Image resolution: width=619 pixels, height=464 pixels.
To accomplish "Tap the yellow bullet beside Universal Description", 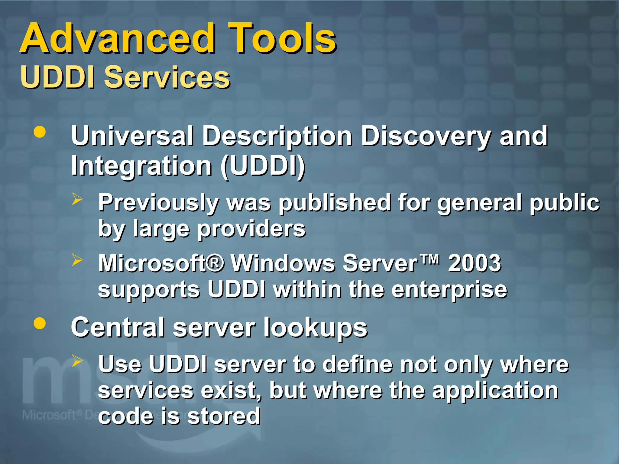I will [x=40, y=132].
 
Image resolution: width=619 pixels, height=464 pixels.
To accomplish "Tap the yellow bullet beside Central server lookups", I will [x=40, y=323].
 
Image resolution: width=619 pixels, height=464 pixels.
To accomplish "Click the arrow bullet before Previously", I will [x=77, y=199].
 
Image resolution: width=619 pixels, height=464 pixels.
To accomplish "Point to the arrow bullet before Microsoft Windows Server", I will [x=77, y=260].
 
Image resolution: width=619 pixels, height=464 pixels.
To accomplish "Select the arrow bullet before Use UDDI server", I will [x=77, y=361].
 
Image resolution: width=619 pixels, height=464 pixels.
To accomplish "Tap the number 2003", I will [x=475, y=263].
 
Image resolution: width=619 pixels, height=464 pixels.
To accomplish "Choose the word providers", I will [x=251, y=229].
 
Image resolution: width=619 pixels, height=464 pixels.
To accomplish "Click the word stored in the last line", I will [x=224, y=416].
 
